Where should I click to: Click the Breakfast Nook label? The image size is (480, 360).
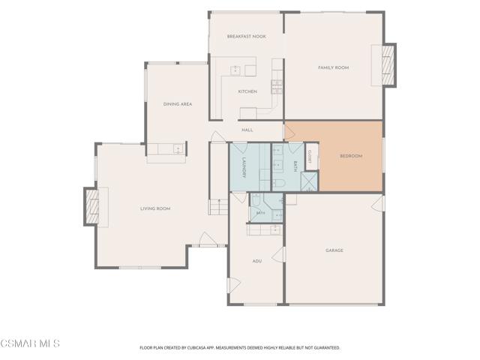(x=247, y=37)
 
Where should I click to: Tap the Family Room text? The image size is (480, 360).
(x=333, y=67)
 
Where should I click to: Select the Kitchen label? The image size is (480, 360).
(x=247, y=91)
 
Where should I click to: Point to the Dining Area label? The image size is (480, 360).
(x=178, y=104)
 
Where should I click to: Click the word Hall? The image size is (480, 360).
(x=247, y=130)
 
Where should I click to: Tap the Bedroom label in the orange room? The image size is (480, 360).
(x=351, y=156)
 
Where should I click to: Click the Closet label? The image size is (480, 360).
(x=310, y=157)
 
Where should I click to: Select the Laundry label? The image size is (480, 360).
(x=244, y=167)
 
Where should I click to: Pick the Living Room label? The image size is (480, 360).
(x=155, y=208)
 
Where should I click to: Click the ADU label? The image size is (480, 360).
(x=256, y=261)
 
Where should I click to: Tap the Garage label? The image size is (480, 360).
(x=334, y=250)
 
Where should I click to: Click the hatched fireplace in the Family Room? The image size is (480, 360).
(x=388, y=65)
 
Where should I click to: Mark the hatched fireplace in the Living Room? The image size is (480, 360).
(x=91, y=207)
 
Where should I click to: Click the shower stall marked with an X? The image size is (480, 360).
(x=309, y=181)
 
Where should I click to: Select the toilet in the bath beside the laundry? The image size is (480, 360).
(x=278, y=183)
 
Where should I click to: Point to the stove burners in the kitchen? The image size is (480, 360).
(x=277, y=87)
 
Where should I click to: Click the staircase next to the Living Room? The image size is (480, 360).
(x=218, y=207)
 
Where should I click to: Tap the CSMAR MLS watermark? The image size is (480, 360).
(x=30, y=343)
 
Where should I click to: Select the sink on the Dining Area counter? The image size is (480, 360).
(x=178, y=149)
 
